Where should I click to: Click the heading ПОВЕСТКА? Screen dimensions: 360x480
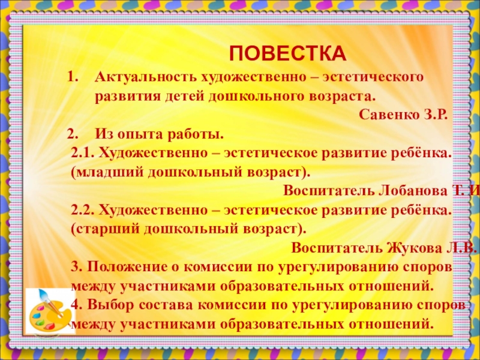pyautogui.click(x=287, y=53)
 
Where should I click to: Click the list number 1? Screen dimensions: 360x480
pyautogui.click(x=73, y=79)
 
